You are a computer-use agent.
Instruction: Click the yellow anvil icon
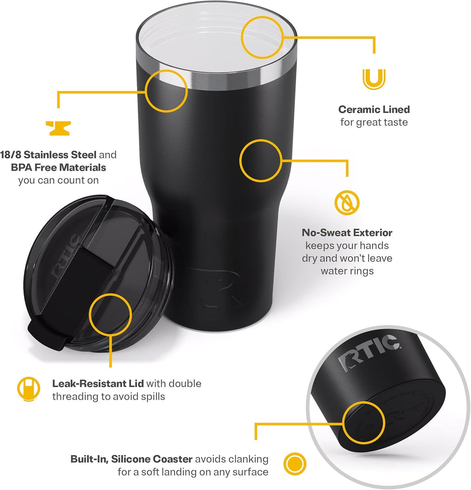58,128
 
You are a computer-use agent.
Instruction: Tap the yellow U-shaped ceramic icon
373,79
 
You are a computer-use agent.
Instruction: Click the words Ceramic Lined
374,109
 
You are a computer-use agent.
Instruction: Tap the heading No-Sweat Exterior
347,233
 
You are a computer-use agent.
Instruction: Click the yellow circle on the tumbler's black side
260,160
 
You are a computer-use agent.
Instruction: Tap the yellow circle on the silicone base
364,422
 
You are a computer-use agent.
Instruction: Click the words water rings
347,271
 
